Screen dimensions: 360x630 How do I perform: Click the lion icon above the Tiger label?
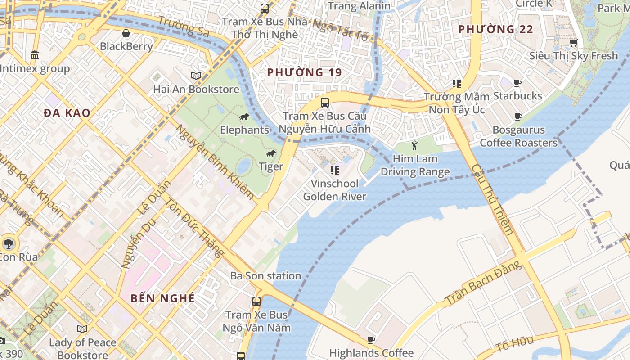[270, 154]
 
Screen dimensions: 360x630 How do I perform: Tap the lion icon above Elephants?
[244, 117]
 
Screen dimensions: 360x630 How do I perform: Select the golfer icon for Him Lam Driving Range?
[414, 145]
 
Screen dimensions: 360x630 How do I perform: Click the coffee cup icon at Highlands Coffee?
[371, 340]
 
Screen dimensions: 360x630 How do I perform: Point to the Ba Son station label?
[265, 276]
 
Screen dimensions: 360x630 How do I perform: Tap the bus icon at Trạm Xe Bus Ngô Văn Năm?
[256, 301]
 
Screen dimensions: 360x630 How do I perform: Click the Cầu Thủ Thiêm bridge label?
[492, 199]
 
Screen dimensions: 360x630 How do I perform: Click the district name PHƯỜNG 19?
[304, 72]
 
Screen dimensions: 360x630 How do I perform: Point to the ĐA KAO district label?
[67, 113]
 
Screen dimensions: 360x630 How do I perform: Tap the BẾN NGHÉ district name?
[162, 298]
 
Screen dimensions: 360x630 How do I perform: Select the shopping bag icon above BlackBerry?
[126, 33]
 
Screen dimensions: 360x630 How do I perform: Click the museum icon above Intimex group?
[34, 55]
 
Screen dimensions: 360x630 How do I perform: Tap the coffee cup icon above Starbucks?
[517, 83]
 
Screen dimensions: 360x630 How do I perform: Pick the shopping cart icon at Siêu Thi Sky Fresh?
[573, 43]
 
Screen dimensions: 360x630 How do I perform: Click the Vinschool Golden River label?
[335, 190]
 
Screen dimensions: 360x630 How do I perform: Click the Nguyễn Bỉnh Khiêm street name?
[215, 162]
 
